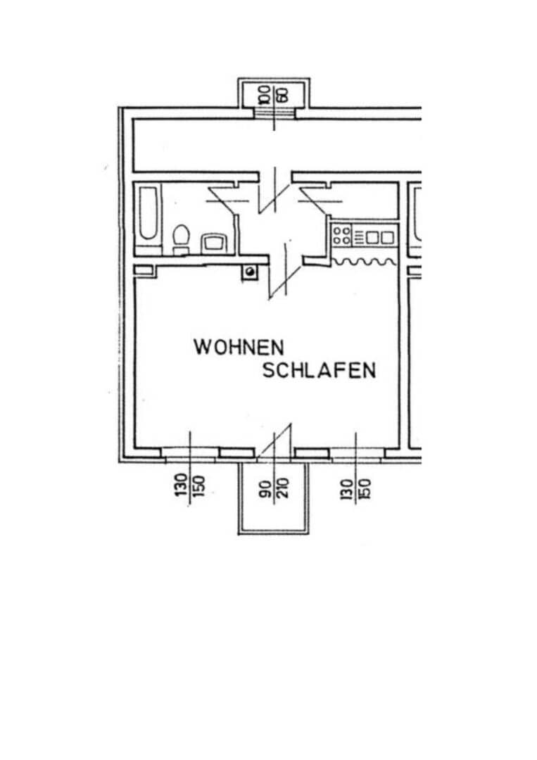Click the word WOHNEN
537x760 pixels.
[x=239, y=347]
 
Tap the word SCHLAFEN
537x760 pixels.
[x=319, y=371]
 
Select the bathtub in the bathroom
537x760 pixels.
[x=149, y=214]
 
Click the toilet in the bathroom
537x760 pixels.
[x=182, y=238]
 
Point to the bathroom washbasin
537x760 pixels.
[x=213, y=243]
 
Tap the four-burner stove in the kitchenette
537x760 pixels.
[x=342, y=235]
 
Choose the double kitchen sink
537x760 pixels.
[x=380, y=237]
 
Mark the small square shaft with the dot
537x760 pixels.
[x=250, y=271]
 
